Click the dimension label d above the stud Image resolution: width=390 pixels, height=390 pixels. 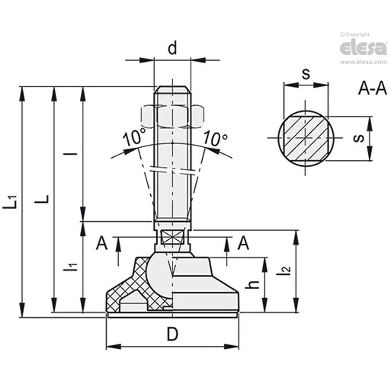tap(173, 49)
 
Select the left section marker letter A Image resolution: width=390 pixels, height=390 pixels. tap(102, 244)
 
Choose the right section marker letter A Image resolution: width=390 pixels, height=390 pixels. tap(243, 244)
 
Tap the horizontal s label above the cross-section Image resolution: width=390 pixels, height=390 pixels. tap(306, 74)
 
